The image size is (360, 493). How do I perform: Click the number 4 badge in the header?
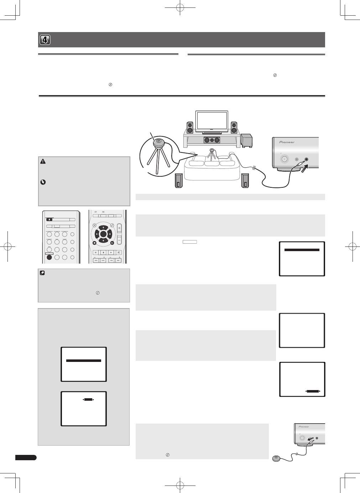coord(45,40)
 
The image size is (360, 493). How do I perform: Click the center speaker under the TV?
coord(212,140)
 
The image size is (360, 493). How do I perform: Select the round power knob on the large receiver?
coord(285,159)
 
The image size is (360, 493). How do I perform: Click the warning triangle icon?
coord(43,161)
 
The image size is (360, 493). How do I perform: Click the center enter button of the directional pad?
coord(103,234)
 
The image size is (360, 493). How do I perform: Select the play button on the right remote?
coord(111,252)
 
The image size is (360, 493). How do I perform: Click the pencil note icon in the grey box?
coord(43,273)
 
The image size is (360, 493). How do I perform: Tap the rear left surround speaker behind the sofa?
coord(179,181)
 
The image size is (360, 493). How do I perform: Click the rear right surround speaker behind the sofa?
coord(245,181)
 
